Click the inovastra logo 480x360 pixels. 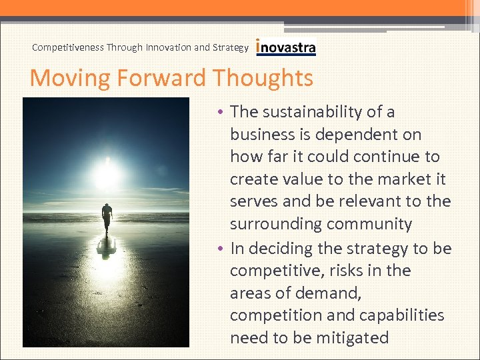[x=286, y=47]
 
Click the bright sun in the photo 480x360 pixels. [x=107, y=172]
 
